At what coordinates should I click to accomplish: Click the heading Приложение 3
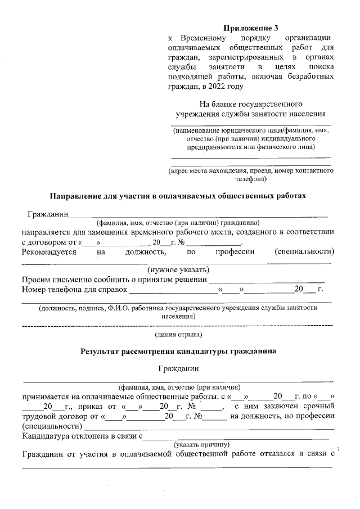[x=250, y=27]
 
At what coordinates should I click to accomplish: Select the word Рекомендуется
[x=49, y=251]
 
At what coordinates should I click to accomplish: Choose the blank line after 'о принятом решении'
[x=266, y=281]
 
